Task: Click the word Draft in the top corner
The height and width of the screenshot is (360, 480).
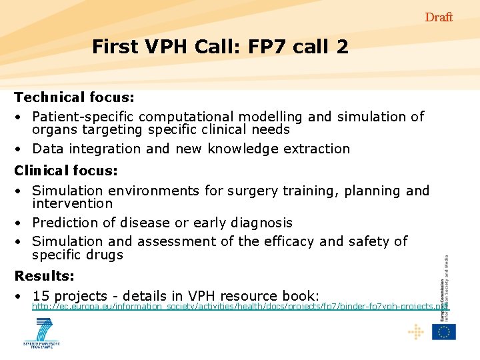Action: [439, 17]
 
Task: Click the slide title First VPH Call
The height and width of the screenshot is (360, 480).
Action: [219, 47]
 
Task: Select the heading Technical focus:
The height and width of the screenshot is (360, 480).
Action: [75, 97]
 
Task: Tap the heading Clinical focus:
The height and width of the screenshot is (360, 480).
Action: [66, 171]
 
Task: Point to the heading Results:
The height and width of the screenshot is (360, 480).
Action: [45, 275]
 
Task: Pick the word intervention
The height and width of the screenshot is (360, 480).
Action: [73, 203]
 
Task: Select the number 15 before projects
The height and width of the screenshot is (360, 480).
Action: [41, 296]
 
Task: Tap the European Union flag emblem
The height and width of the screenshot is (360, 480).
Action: [443, 331]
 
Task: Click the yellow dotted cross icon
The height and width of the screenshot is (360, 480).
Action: [415, 331]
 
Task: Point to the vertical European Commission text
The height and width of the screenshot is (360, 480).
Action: [445, 287]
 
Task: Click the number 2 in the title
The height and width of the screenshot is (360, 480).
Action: [342, 47]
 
